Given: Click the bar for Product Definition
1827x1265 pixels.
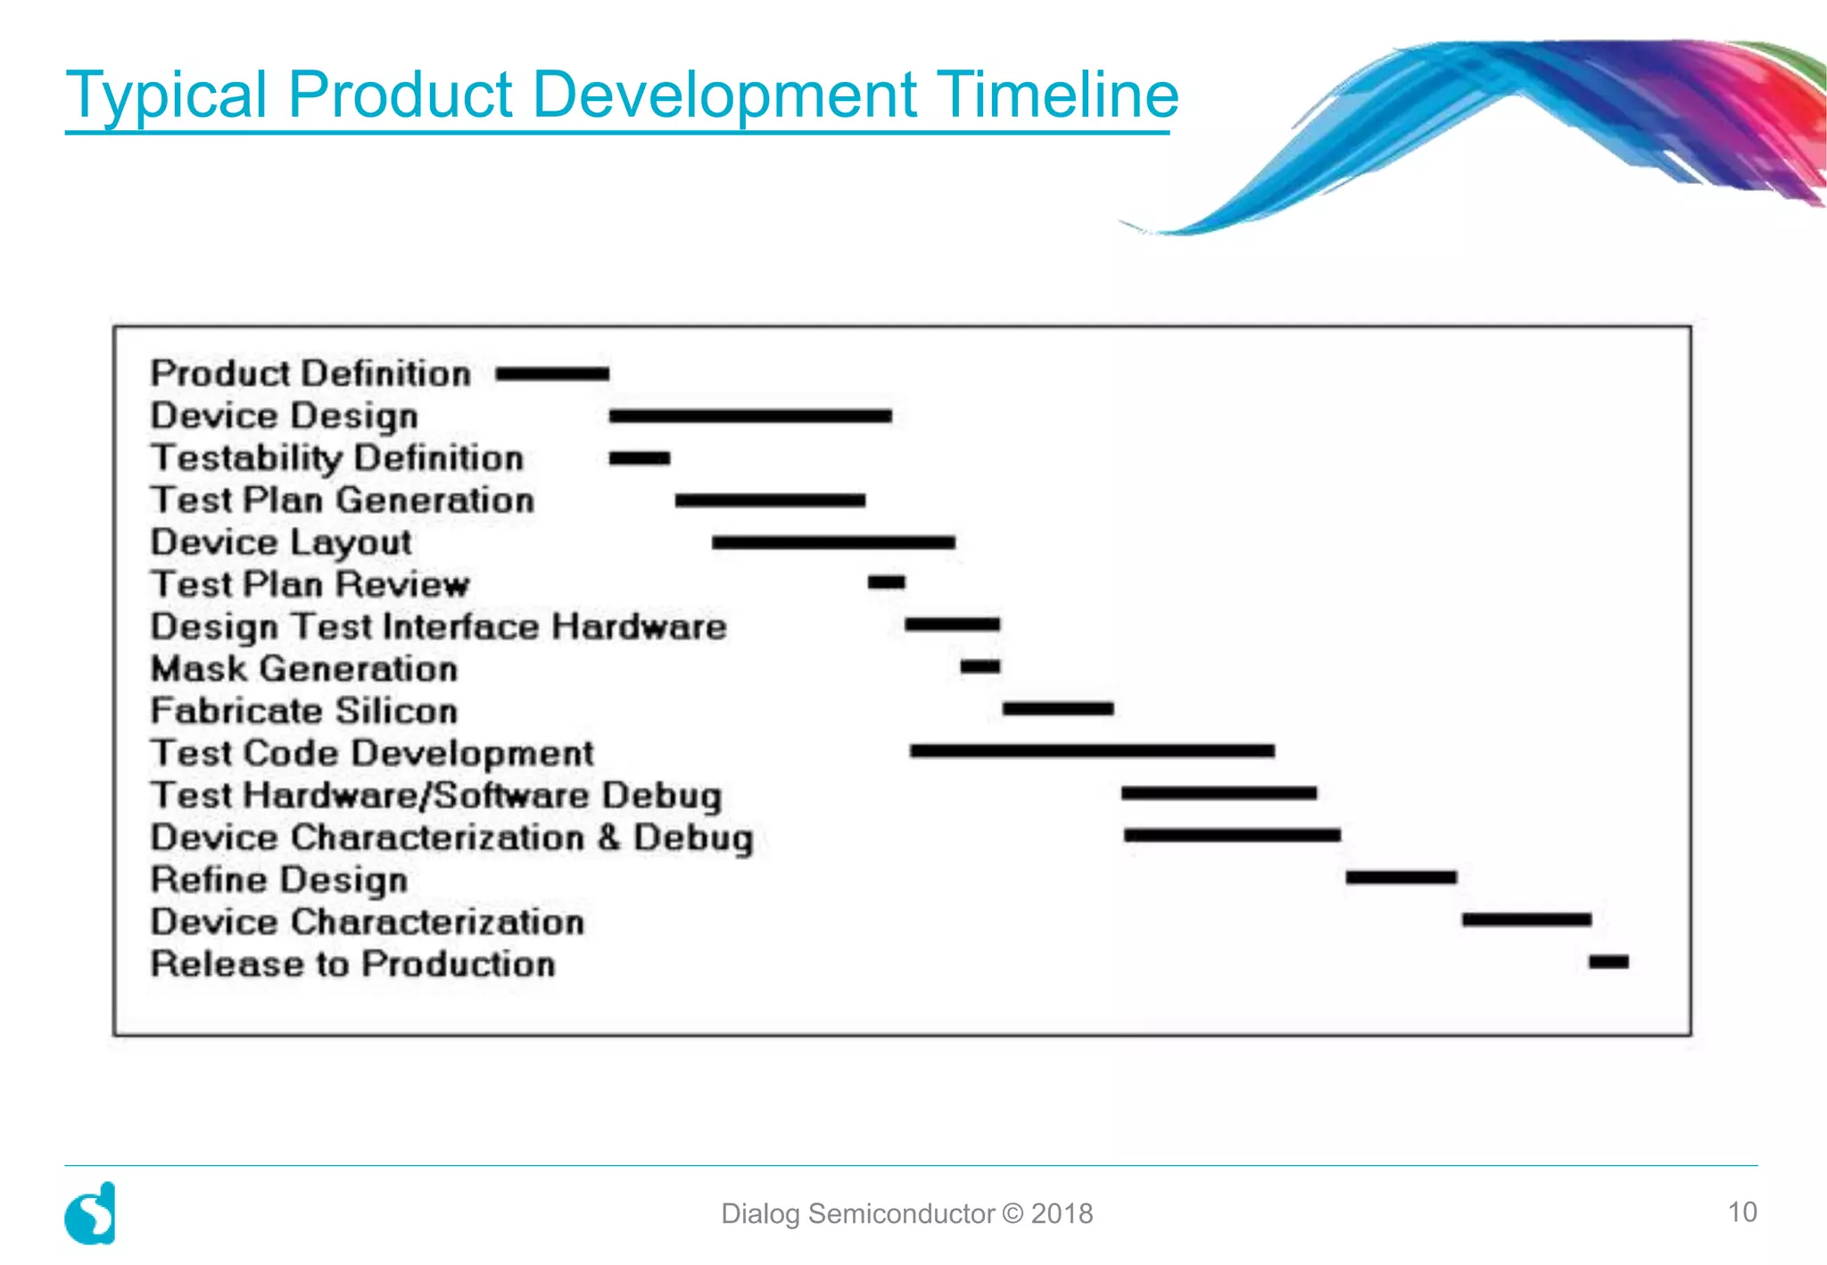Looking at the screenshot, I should coord(552,374).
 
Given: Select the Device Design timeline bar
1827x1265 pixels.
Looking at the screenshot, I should coord(750,416).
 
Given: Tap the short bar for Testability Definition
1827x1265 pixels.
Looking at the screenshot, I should coord(640,459).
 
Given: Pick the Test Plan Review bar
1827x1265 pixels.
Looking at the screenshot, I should coord(886,583).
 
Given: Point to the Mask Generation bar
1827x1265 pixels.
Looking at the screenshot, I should coord(980,666).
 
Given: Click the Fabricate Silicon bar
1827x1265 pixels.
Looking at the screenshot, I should coord(1058,708).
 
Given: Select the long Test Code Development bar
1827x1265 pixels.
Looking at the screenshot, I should coord(1092,751).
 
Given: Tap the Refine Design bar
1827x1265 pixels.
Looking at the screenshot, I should coord(1401,878).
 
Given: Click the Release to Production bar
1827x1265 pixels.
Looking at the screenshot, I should coord(1608,962).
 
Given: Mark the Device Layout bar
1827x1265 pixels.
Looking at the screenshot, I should coord(833,542).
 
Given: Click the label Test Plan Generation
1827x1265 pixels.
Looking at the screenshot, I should coord(343,500).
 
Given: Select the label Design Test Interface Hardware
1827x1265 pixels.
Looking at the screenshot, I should coord(438,627).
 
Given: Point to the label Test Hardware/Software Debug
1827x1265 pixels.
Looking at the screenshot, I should coord(436,796).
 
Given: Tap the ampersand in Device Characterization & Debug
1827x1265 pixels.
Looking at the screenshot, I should coord(609,837).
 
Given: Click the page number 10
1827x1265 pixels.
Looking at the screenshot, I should coord(1742,1212).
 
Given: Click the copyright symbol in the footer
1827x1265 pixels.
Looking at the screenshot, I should coord(1013,1213).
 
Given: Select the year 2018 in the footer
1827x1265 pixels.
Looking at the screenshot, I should coord(1062,1213).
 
